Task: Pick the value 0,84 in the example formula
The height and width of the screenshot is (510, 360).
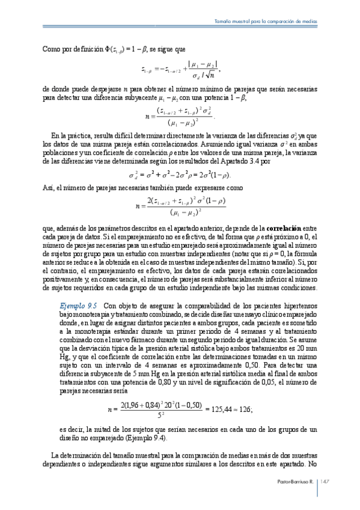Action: click(x=154, y=404)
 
